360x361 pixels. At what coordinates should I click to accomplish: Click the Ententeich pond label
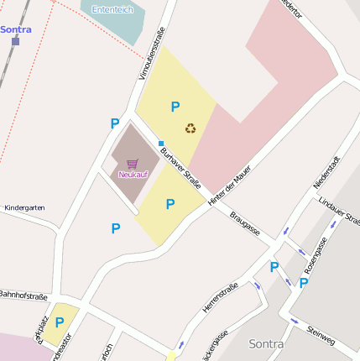[x=112, y=9]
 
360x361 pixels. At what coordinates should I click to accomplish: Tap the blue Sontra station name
[x=15, y=29]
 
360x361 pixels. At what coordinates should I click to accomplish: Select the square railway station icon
[x=15, y=40]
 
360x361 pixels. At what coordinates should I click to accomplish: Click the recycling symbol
[x=191, y=128]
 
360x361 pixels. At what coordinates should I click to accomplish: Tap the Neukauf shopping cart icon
[x=132, y=164]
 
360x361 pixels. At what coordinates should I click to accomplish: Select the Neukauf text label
[x=132, y=175]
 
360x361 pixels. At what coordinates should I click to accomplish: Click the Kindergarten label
[x=24, y=207]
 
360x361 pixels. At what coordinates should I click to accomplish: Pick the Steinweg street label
[x=321, y=335]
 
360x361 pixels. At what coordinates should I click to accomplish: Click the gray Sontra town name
[x=267, y=344]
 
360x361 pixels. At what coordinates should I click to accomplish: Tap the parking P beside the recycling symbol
[x=175, y=107]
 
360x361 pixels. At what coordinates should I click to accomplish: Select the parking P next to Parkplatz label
[x=60, y=322]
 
